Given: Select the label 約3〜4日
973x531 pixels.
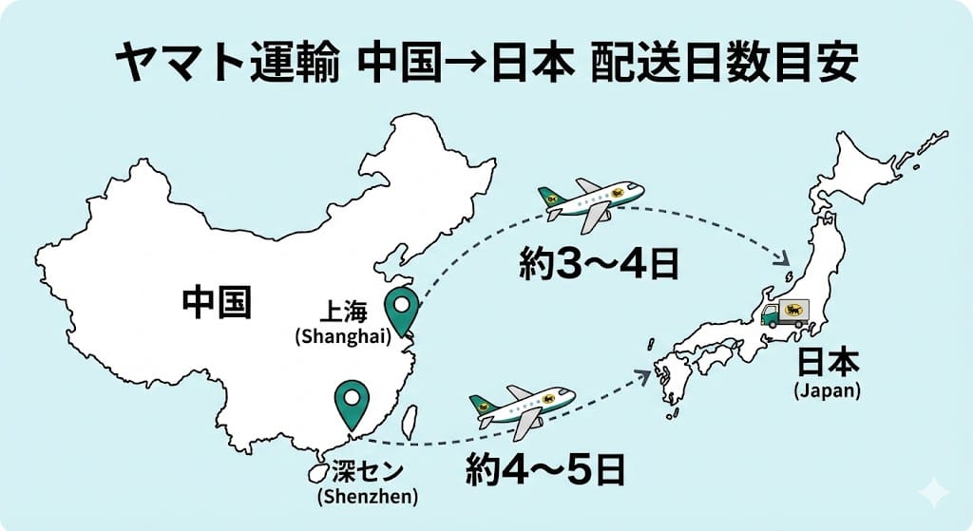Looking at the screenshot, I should tap(598, 263).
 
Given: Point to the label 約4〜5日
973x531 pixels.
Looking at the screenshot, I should tap(545, 468).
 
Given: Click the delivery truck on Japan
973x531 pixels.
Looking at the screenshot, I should tap(784, 313).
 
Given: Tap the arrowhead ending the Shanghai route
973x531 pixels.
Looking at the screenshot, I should tap(785, 258).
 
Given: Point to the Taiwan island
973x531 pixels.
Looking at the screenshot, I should tap(410, 422).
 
